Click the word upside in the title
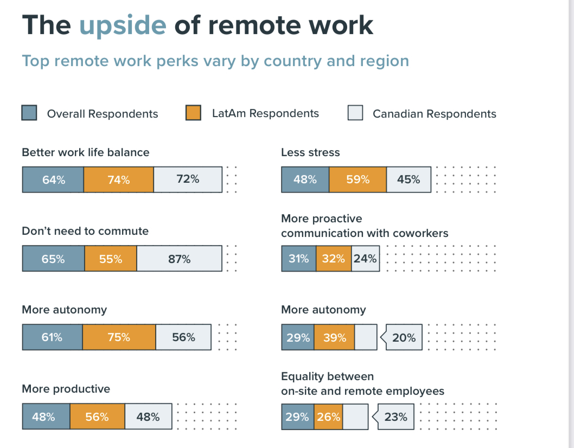point(123,25)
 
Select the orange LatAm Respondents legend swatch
point(194,113)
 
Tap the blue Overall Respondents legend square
point(29,113)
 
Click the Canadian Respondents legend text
point(434,114)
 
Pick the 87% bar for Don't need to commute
point(179,259)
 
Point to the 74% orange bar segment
point(118,180)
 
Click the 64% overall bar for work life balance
point(53,180)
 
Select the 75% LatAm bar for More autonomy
point(119,337)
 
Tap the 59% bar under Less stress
point(358,180)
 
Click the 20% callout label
point(404,338)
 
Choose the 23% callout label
point(396,417)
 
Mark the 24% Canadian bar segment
point(365,259)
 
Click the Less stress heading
point(310,152)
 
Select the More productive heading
point(66,389)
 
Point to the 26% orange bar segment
point(328,417)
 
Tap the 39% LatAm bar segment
point(334,338)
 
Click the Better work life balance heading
point(85,152)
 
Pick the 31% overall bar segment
point(298,259)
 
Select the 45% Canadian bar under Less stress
point(409,180)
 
